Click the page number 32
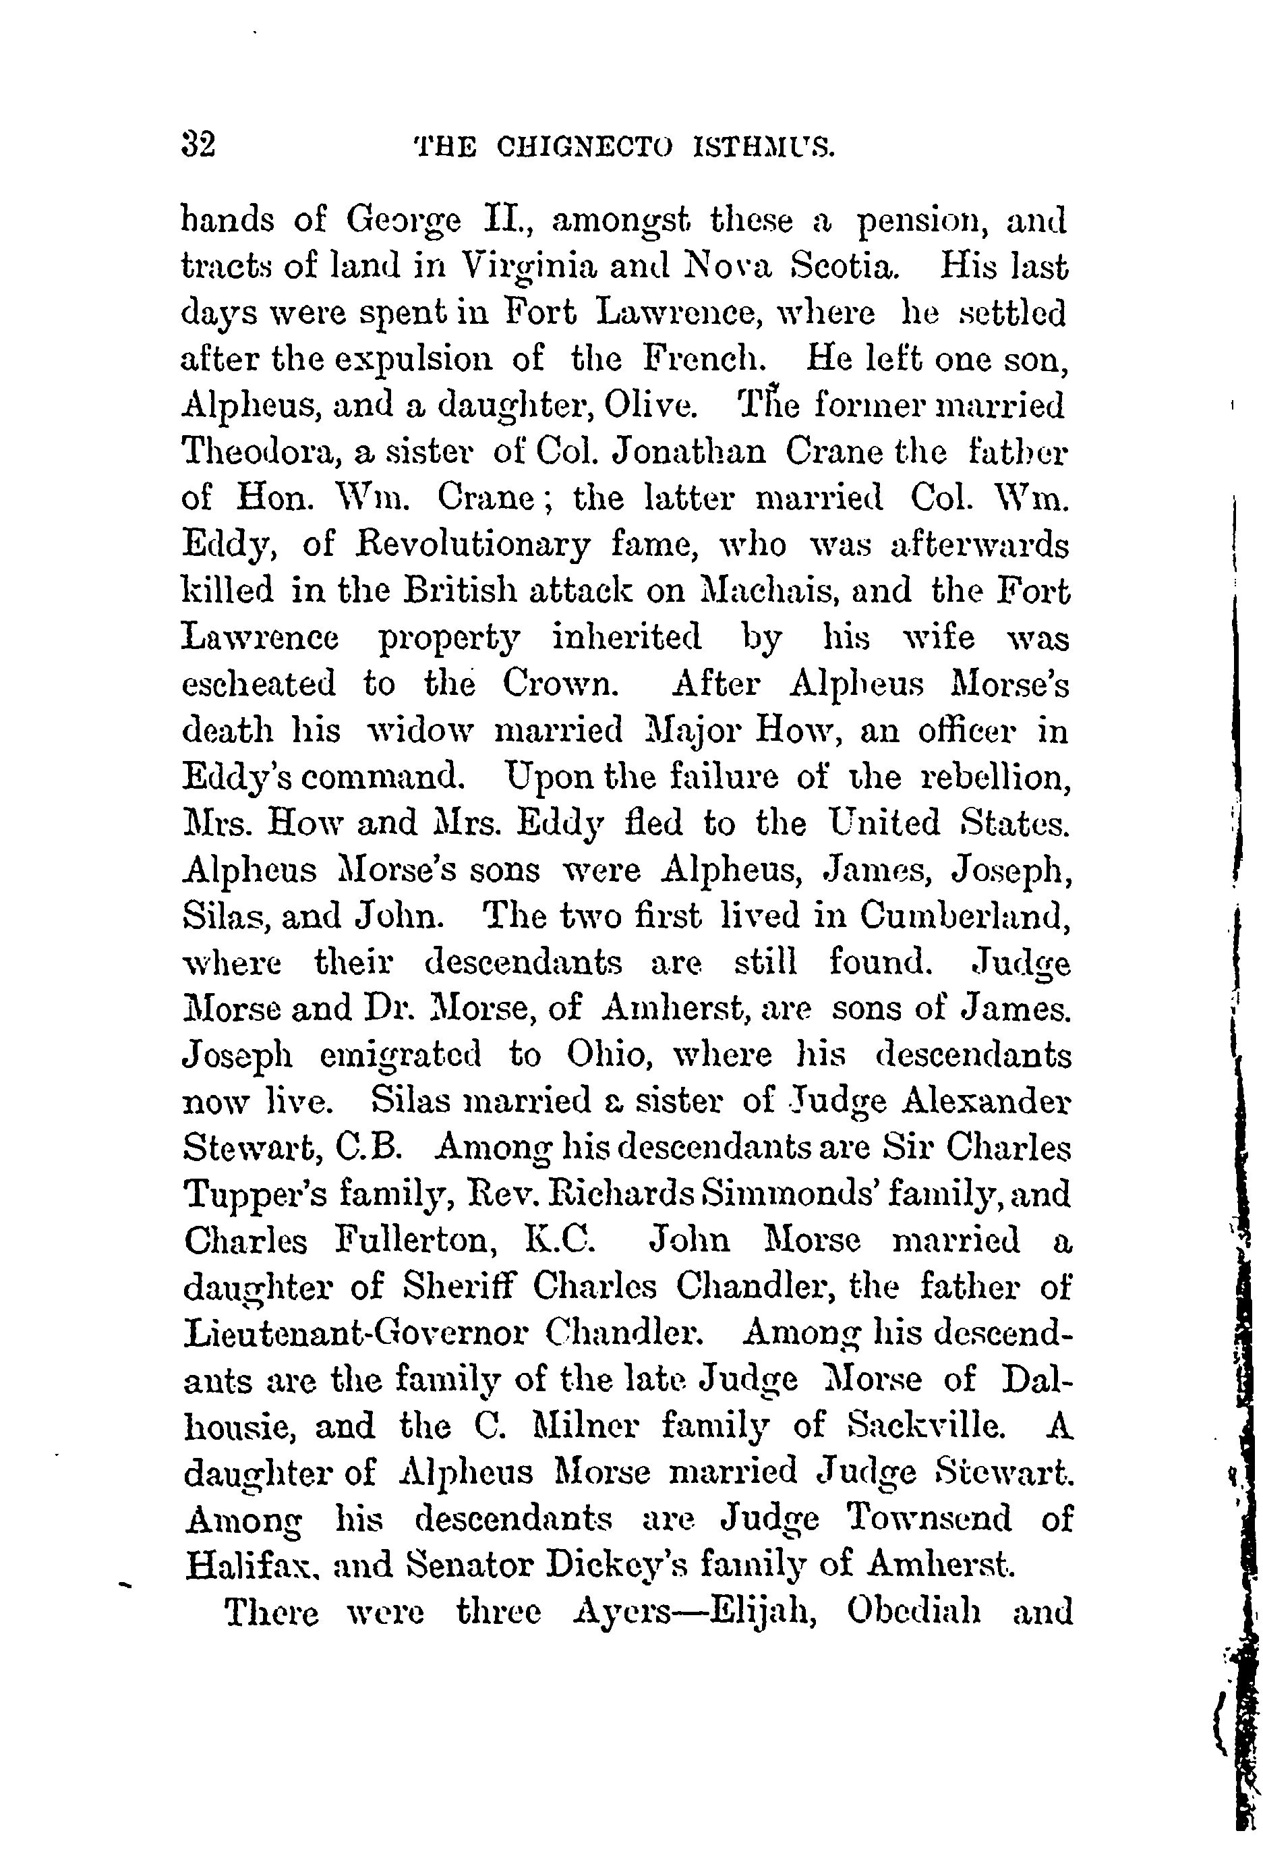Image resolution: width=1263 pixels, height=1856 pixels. pos(200,147)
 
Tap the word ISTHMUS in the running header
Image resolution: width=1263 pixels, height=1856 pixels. pos(765,148)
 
